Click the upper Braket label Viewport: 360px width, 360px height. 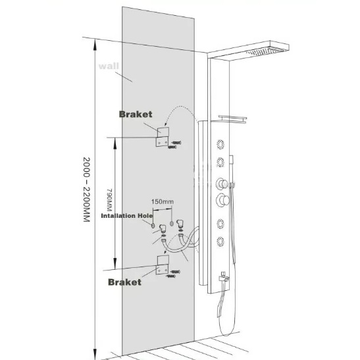(136, 115)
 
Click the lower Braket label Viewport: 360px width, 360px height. (124, 282)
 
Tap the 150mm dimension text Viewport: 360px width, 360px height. (163, 202)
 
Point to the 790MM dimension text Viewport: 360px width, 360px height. (109, 200)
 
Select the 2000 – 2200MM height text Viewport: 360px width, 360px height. (86, 190)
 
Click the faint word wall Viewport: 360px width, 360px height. (109, 66)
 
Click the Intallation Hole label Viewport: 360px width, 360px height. (127, 216)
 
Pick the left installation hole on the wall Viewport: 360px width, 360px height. (153, 226)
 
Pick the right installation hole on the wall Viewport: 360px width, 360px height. (172, 223)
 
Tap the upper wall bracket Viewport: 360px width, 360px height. (163, 137)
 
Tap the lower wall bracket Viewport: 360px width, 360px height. (163, 265)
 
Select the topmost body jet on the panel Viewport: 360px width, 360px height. (220, 145)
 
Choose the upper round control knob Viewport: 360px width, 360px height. (222, 184)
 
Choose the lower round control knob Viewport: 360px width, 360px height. (222, 200)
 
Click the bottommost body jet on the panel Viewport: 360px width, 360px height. (220, 242)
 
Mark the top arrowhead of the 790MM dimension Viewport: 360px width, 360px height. (115, 138)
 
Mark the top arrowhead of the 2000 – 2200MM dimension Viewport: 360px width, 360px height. (95, 39)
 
